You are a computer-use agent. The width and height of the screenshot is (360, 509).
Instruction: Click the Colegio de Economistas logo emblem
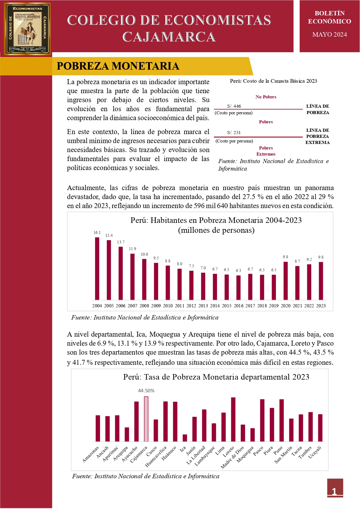tap(27, 29)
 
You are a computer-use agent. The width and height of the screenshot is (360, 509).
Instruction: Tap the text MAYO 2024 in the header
tap(329, 35)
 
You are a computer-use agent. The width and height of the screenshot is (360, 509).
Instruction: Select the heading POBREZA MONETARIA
tap(118, 66)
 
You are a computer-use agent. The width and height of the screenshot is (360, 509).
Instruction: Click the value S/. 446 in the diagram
tap(234, 106)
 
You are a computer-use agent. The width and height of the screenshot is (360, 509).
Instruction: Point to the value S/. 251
tap(234, 133)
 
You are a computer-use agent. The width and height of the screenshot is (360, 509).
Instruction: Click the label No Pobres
tap(266, 97)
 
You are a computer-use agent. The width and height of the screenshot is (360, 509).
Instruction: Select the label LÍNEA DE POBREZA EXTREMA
tap(318, 136)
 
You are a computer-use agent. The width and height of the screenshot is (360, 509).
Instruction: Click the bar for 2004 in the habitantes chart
tap(97, 268)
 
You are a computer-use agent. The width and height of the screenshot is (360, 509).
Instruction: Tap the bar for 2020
tap(285, 281)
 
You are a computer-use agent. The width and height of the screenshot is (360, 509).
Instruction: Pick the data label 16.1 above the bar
tap(97, 233)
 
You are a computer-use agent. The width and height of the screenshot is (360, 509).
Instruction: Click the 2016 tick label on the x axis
tap(238, 306)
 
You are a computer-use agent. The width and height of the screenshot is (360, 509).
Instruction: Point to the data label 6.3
tap(238, 270)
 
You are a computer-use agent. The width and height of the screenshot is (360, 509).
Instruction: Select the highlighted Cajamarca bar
tap(146, 419)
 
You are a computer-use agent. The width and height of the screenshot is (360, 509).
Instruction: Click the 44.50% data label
tap(146, 391)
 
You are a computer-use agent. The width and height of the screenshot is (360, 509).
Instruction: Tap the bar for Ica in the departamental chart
tap(185, 438)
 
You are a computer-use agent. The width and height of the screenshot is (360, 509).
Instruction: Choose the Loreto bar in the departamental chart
tap(233, 419)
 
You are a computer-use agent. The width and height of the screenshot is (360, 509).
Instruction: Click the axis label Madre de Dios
tap(232, 457)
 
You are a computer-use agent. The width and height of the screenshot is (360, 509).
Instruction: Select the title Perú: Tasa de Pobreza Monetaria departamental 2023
tap(216, 377)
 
